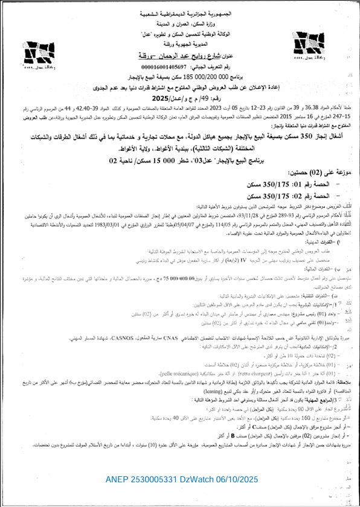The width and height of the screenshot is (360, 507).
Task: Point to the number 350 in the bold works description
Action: [284, 138]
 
